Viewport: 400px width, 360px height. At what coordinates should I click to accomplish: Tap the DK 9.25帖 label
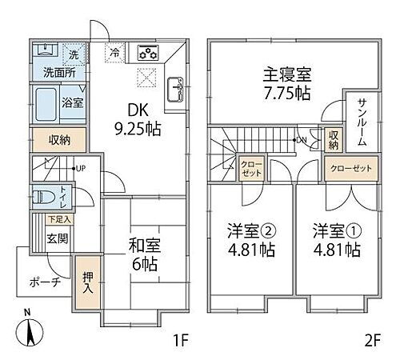pyautogui.click(x=134, y=117)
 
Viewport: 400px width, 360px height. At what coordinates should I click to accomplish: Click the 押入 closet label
pyautogui.click(x=87, y=282)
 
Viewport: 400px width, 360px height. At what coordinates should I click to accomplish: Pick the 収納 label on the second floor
pyautogui.click(x=333, y=139)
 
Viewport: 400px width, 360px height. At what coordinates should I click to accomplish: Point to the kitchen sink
pyautogui.click(x=176, y=86)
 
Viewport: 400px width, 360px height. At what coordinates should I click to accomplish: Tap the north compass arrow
pyautogui.click(x=30, y=328)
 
